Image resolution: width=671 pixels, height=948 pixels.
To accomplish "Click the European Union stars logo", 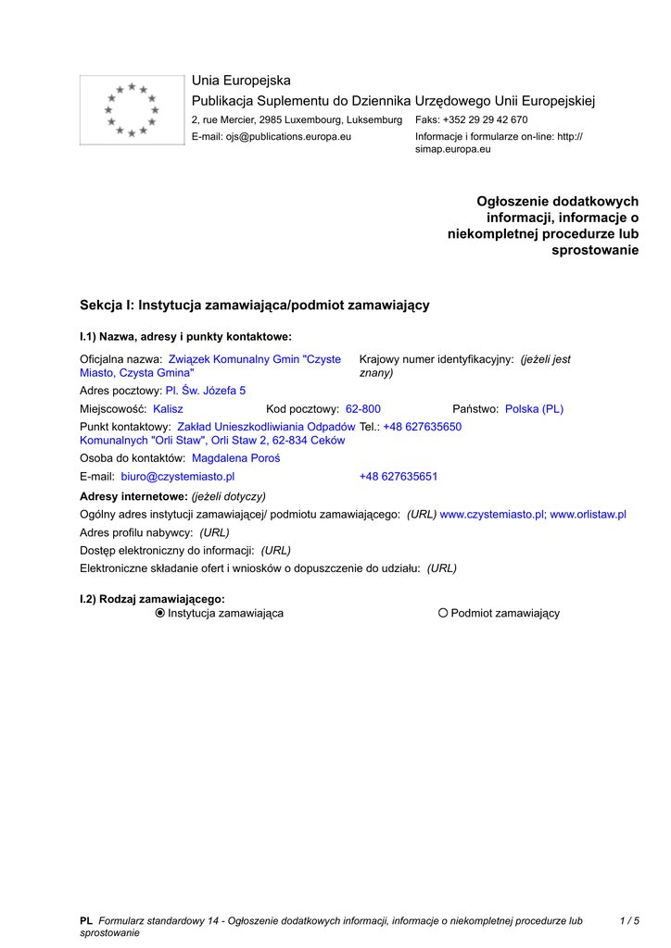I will tap(132, 110).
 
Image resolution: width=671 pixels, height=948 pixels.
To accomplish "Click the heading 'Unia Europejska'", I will tap(241, 81).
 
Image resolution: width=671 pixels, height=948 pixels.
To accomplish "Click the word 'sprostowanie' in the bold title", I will tap(595, 250).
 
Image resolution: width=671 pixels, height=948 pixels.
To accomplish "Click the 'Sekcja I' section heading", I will tap(255, 305).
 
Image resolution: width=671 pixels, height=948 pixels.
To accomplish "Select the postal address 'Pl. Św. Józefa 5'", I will tap(206, 391).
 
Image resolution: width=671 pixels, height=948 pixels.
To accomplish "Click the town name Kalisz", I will tap(168, 408).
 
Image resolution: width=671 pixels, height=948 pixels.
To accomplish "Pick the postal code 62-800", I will tap(362, 408).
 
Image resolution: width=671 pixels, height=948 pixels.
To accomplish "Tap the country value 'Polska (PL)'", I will tap(534, 408).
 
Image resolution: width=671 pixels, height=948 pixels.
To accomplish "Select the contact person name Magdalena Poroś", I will tap(235, 458).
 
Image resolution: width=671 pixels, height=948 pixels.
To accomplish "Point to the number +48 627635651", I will tap(399, 477).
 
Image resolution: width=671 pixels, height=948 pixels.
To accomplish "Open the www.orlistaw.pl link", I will tap(589, 514).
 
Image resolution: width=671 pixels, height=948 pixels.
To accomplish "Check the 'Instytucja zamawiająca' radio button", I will tap(160, 613).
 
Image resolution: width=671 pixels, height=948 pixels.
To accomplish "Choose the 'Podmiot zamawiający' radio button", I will tap(443, 613).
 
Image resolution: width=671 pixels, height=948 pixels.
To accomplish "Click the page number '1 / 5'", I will tap(629, 920).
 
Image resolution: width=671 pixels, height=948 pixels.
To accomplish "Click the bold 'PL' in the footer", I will tap(86, 920).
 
